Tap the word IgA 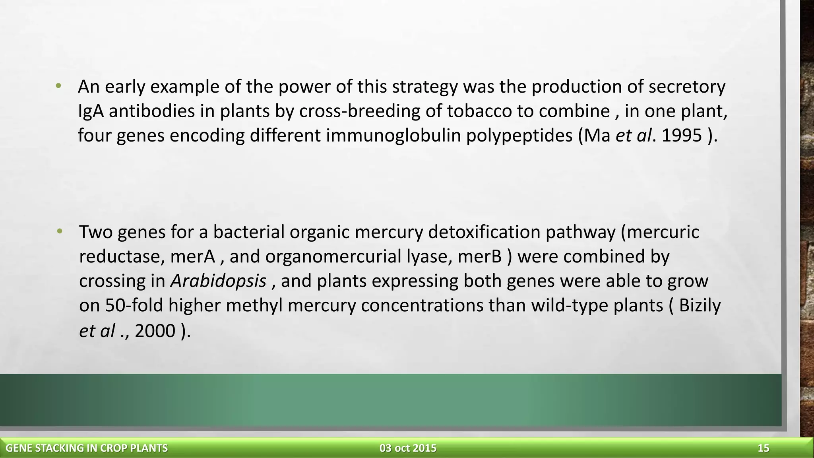91,111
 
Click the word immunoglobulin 393,136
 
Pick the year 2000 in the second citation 155,331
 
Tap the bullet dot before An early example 58,86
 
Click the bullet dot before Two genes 60,231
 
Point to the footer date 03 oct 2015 408,448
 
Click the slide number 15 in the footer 763,448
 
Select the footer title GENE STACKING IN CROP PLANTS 87,448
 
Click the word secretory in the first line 687,87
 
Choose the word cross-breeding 359,111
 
